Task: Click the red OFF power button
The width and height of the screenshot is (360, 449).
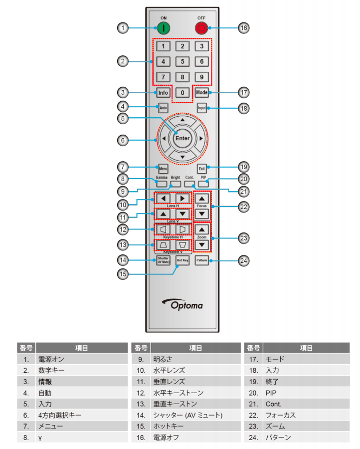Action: (x=201, y=28)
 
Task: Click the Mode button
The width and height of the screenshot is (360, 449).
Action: (x=201, y=93)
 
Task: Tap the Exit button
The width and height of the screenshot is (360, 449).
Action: (x=201, y=169)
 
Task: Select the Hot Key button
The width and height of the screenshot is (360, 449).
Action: (x=182, y=260)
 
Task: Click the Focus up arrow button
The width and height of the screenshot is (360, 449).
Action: (x=202, y=198)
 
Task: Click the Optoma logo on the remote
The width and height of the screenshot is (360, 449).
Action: (x=182, y=303)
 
